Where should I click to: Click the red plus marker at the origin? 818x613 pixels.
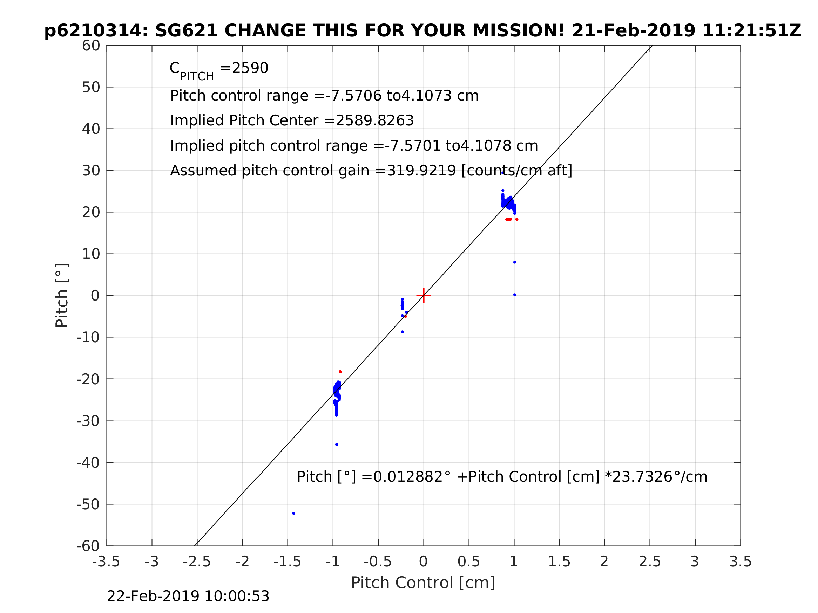click(424, 295)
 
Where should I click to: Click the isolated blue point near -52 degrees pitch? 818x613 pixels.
click(293, 513)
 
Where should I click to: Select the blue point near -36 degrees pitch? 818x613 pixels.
click(337, 445)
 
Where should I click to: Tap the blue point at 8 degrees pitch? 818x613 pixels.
click(514, 262)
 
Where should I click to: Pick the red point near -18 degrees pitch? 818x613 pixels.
click(340, 372)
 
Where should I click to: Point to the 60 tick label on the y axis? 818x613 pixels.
click(91, 46)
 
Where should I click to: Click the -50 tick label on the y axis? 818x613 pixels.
click(88, 504)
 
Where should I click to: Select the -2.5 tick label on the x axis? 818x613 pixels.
click(197, 562)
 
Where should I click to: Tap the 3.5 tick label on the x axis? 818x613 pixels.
click(741, 562)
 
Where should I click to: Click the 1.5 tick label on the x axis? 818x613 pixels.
click(559, 562)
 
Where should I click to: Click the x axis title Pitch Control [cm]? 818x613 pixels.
click(423, 583)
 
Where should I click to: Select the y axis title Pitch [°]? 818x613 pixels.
click(62, 295)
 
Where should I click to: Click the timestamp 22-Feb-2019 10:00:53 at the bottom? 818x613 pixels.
click(188, 597)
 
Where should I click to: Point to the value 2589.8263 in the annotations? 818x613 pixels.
click(374, 120)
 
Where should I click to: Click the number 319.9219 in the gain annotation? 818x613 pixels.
click(421, 171)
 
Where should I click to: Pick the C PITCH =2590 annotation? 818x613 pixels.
click(219, 69)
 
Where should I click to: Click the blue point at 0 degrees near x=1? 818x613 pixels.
click(514, 295)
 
